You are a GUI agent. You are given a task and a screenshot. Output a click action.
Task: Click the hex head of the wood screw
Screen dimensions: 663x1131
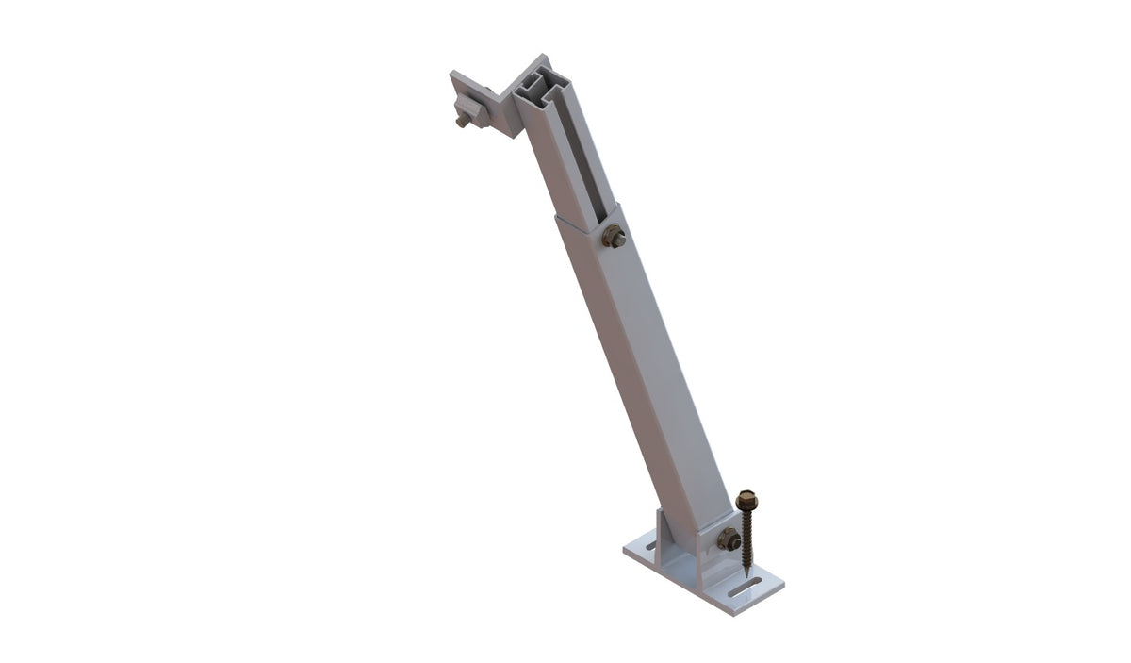pos(747,497)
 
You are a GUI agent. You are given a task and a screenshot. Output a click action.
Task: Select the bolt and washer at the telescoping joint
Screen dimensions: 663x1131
pos(614,238)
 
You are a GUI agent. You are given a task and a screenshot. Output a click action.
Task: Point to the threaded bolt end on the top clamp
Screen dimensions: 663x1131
pos(460,121)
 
